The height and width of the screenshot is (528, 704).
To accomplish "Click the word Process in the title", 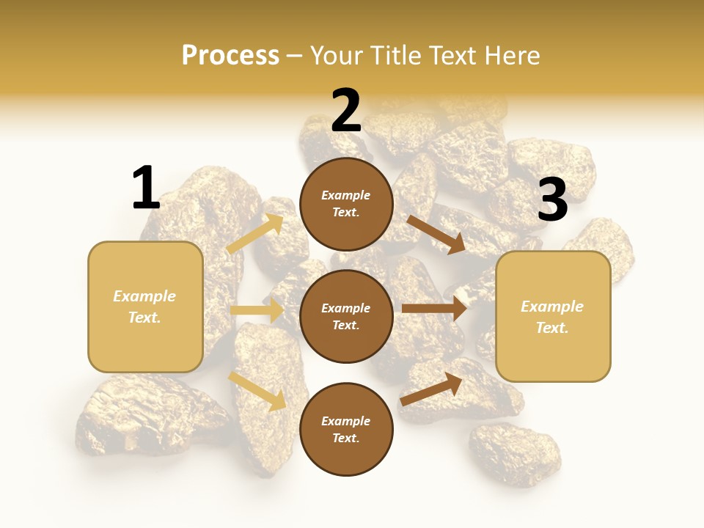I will point(230,55).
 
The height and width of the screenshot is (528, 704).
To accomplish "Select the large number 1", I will point(146,188).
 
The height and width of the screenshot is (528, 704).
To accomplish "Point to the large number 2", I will point(346,110).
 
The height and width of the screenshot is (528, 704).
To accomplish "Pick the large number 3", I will point(552,200).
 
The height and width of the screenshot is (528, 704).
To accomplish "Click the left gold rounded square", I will point(145,307).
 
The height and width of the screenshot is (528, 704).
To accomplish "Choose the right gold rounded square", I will point(553,316).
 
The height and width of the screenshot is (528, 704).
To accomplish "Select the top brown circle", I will point(346,204).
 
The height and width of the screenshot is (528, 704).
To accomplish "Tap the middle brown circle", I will point(346,316).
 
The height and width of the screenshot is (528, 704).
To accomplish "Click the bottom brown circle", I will point(346,429).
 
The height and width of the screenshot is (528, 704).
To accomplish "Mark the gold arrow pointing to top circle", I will point(255,234).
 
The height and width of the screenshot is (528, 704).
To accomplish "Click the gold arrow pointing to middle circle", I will point(257,310).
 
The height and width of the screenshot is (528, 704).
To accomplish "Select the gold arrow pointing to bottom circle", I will point(257,391).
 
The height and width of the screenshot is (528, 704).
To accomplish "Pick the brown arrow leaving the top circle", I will point(436,234).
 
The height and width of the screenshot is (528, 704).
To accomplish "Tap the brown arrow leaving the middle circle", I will point(434,309).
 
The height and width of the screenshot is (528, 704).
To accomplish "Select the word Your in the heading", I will point(335,55).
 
